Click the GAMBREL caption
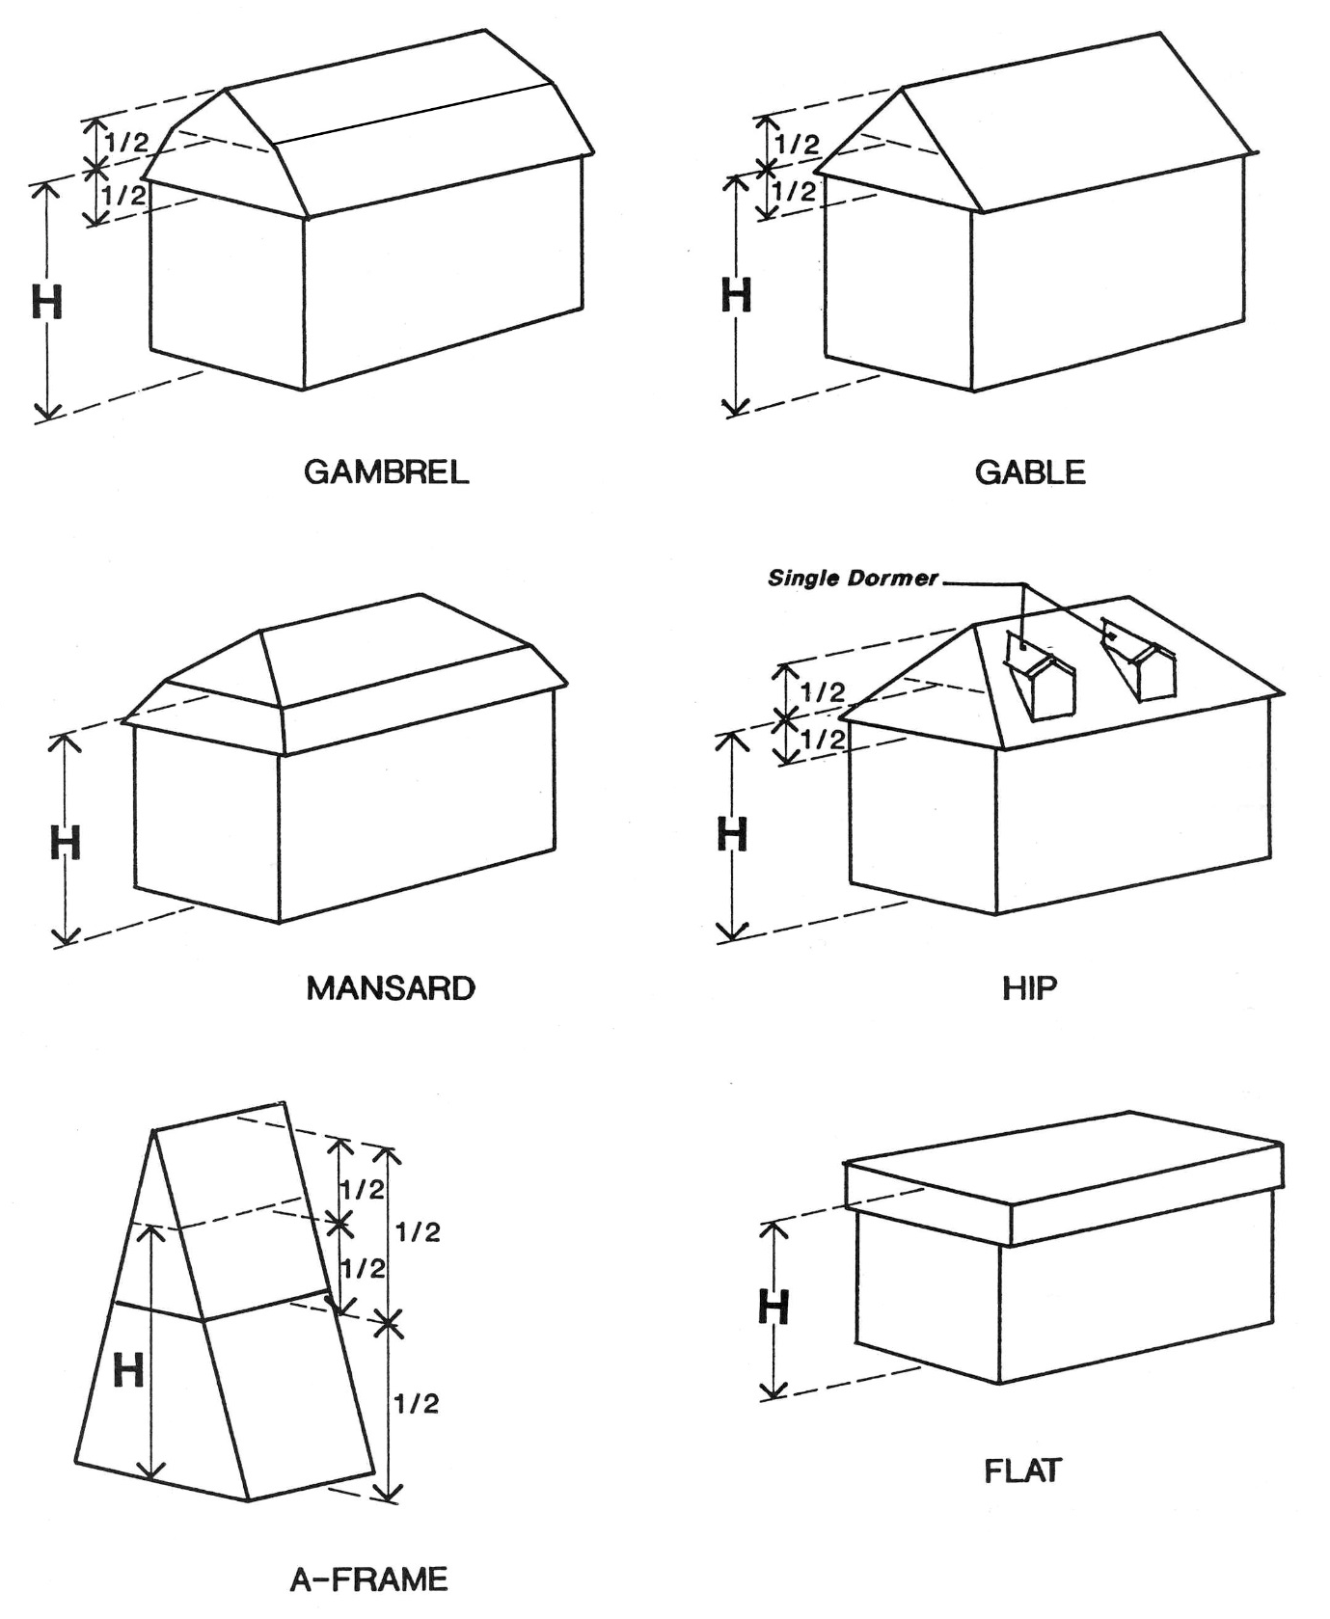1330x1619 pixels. point(386,472)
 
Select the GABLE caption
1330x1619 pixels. point(1030,472)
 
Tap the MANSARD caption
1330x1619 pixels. point(391,988)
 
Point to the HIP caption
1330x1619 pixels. point(1030,988)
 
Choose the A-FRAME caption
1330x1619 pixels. point(369,1579)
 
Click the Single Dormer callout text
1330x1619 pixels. point(853,579)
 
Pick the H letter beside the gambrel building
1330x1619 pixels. point(46,303)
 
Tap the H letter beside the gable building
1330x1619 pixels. point(736,295)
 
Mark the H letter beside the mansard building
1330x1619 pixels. point(66,843)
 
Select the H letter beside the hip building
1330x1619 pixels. point(733,835)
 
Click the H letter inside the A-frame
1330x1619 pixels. point(128,1370)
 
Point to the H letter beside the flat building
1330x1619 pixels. point(774,1309)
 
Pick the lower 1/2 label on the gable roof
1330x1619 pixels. point(795,191)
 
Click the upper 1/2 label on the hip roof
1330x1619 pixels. point(823,691)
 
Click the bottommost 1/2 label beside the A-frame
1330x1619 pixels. point(417,1404)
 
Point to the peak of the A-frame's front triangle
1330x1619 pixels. point(154,1131)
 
